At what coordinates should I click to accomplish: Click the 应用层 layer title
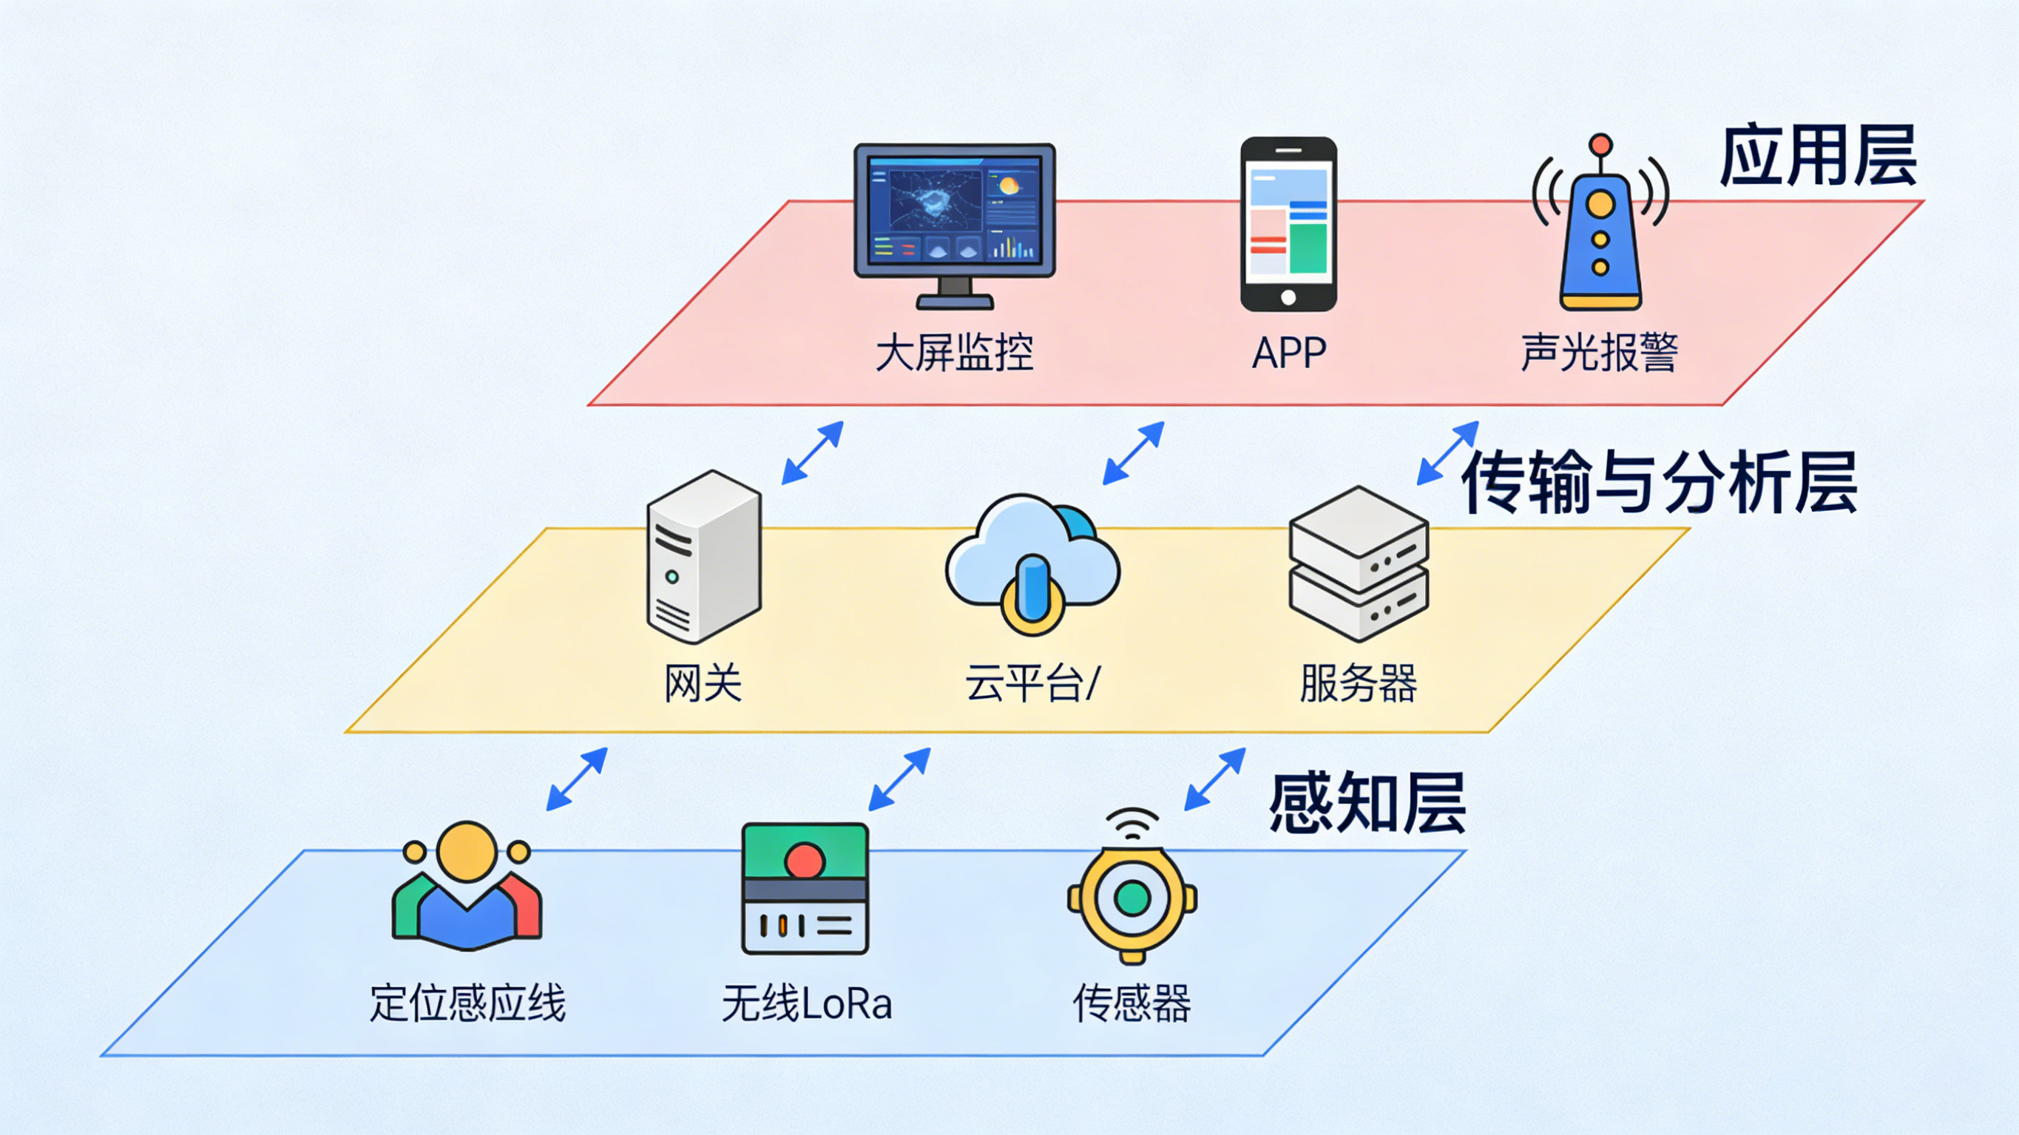point(1818,157)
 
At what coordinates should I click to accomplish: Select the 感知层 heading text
point(1367,804)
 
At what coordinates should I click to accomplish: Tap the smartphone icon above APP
point(1288,223)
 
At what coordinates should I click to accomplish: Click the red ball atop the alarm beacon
point(1600,145)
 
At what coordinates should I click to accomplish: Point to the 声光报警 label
point(1599,353)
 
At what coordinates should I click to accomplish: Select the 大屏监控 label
point(954,353)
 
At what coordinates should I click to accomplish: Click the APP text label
point(1288,353)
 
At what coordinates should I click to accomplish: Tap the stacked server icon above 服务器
point(1359,563)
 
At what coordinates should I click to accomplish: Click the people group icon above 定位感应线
point(467,886)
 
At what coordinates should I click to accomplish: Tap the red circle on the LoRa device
point(804,861)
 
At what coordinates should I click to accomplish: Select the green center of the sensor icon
point(1132,898)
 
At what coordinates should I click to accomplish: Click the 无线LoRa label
point(807,1003)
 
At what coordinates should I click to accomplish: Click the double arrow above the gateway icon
point(812,453)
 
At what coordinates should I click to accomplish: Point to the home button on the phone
point(1288,298)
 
